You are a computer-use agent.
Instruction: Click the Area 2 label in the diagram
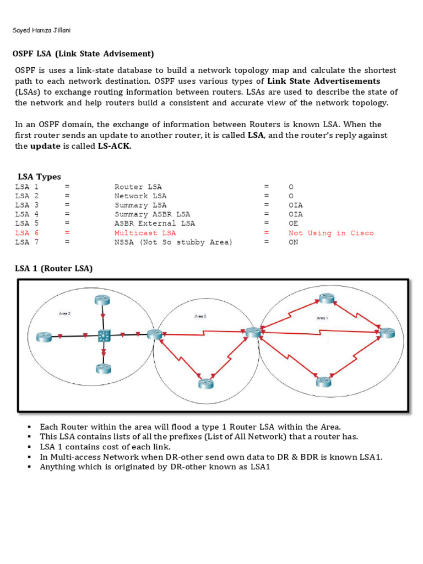click(64, 313)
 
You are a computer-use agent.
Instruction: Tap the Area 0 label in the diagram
click(200, 316)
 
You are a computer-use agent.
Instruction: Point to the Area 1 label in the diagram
click(322, 318)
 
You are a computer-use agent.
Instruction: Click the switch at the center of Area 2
click(103, 335)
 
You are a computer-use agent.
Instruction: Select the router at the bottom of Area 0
click(206, 383)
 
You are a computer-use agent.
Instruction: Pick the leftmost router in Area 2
click(44, 336)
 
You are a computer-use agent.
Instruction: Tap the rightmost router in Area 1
click(387, 332)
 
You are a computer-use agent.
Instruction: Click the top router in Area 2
click(102, 300)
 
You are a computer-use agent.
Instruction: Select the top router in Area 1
click(326, 299)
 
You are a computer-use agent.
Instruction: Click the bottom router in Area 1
click(324, 381)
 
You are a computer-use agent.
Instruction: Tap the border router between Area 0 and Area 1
click(253, 332)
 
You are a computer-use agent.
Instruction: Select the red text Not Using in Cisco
click(331, 233)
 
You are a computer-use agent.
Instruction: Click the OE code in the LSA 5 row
click(294, 224)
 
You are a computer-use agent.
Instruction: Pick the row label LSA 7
click(27, 242)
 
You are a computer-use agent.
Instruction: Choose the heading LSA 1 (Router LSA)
click(53, 268)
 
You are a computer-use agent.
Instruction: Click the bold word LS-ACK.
click(115, 146)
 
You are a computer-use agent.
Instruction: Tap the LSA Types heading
click(39, 177)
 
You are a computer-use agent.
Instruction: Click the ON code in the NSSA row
click(294, 242)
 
